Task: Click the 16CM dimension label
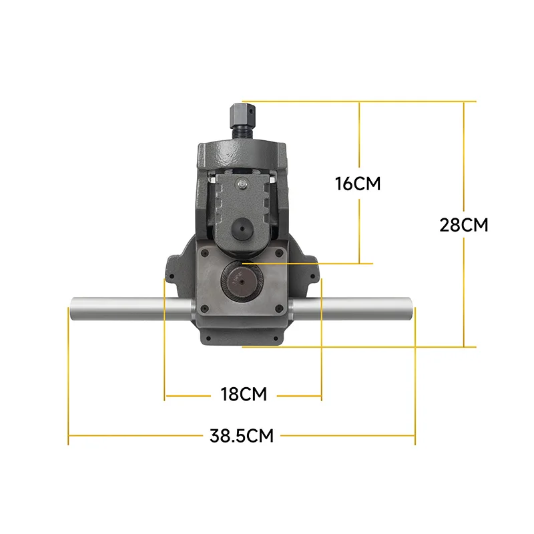coord(358,184)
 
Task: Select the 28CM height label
coord(463,225)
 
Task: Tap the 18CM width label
coord(244,394)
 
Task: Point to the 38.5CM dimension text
coord(242,436)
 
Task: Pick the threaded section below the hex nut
coord(242,133)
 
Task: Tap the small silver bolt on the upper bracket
coord(242,184)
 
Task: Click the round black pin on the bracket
coord(242,229)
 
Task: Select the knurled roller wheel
coord(242,282)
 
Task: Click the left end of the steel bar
coord(71,308)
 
